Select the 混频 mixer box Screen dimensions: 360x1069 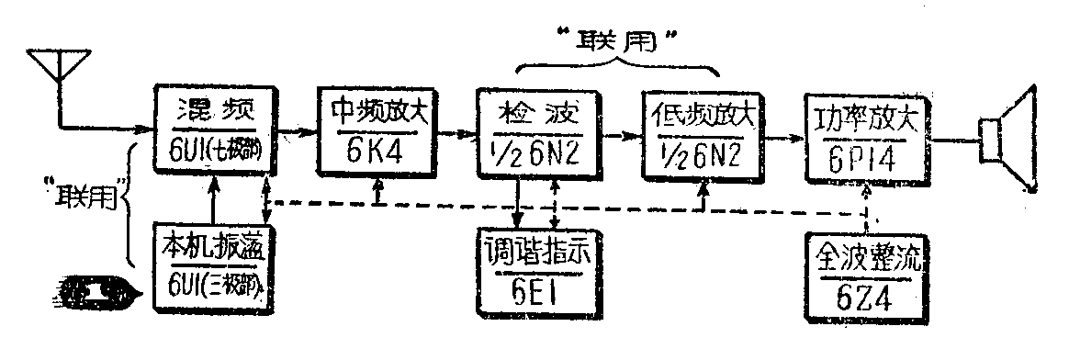(213, 132)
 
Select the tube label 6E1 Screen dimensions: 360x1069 (536, 293)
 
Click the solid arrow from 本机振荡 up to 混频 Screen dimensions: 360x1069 (212, 197)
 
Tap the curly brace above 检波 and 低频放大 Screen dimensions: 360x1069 (615, 69)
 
